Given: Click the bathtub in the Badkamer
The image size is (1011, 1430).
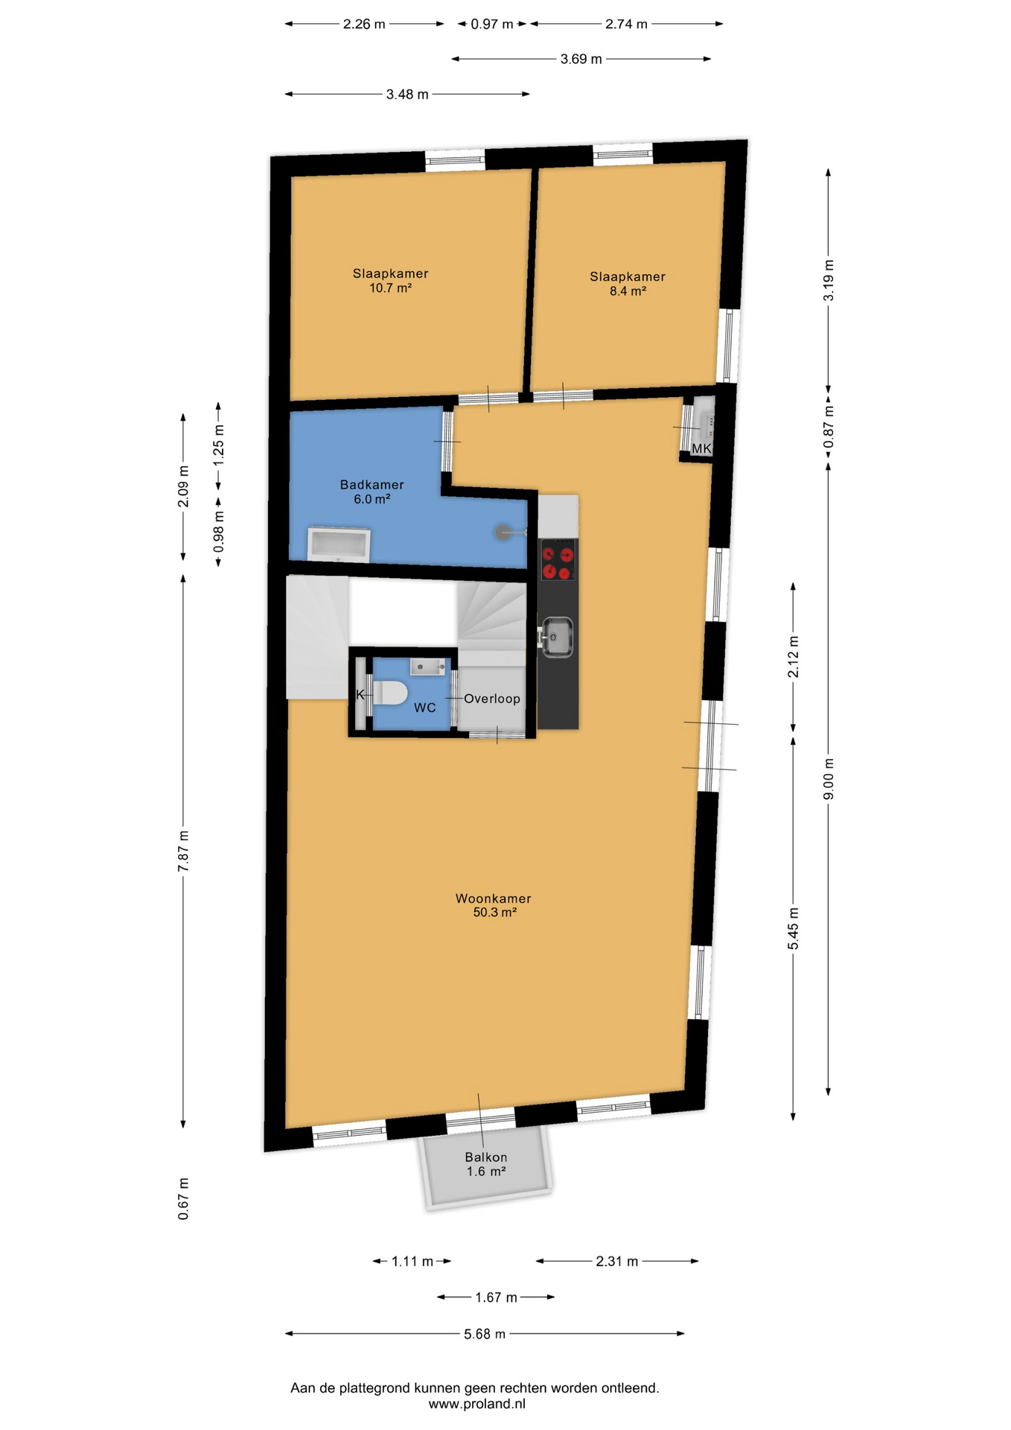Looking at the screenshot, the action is [x=339, y=544].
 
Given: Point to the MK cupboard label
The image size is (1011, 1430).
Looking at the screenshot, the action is [x=701, y=448].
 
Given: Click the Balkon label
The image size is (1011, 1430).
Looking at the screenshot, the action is [x=486, y=1157].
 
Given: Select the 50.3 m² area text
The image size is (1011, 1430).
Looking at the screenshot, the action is [x=494, y=912].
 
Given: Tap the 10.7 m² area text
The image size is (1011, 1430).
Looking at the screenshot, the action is [x=391, y=287].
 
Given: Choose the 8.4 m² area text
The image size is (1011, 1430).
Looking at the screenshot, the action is [x=628, y=291].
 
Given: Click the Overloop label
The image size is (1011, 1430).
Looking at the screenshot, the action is [x=492, y=699].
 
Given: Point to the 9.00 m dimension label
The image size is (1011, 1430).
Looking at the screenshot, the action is [x=829, y=779].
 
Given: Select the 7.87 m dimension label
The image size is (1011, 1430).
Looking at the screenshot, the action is [x=183, y=851].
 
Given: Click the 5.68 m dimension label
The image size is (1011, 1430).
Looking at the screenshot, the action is [x=485, y=1334].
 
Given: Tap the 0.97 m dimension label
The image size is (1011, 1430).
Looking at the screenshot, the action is [x=492, y=24].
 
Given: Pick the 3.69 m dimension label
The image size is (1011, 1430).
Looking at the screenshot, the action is [x=581, y=59].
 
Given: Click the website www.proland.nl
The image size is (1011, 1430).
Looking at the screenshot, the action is [x=476, y=1404].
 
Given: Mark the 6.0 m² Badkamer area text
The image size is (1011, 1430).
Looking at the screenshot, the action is [x=372, y=499].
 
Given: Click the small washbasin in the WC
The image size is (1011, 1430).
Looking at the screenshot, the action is [x=427, y=667].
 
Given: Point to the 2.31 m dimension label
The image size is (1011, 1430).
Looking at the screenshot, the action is [x=617, y=1261].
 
